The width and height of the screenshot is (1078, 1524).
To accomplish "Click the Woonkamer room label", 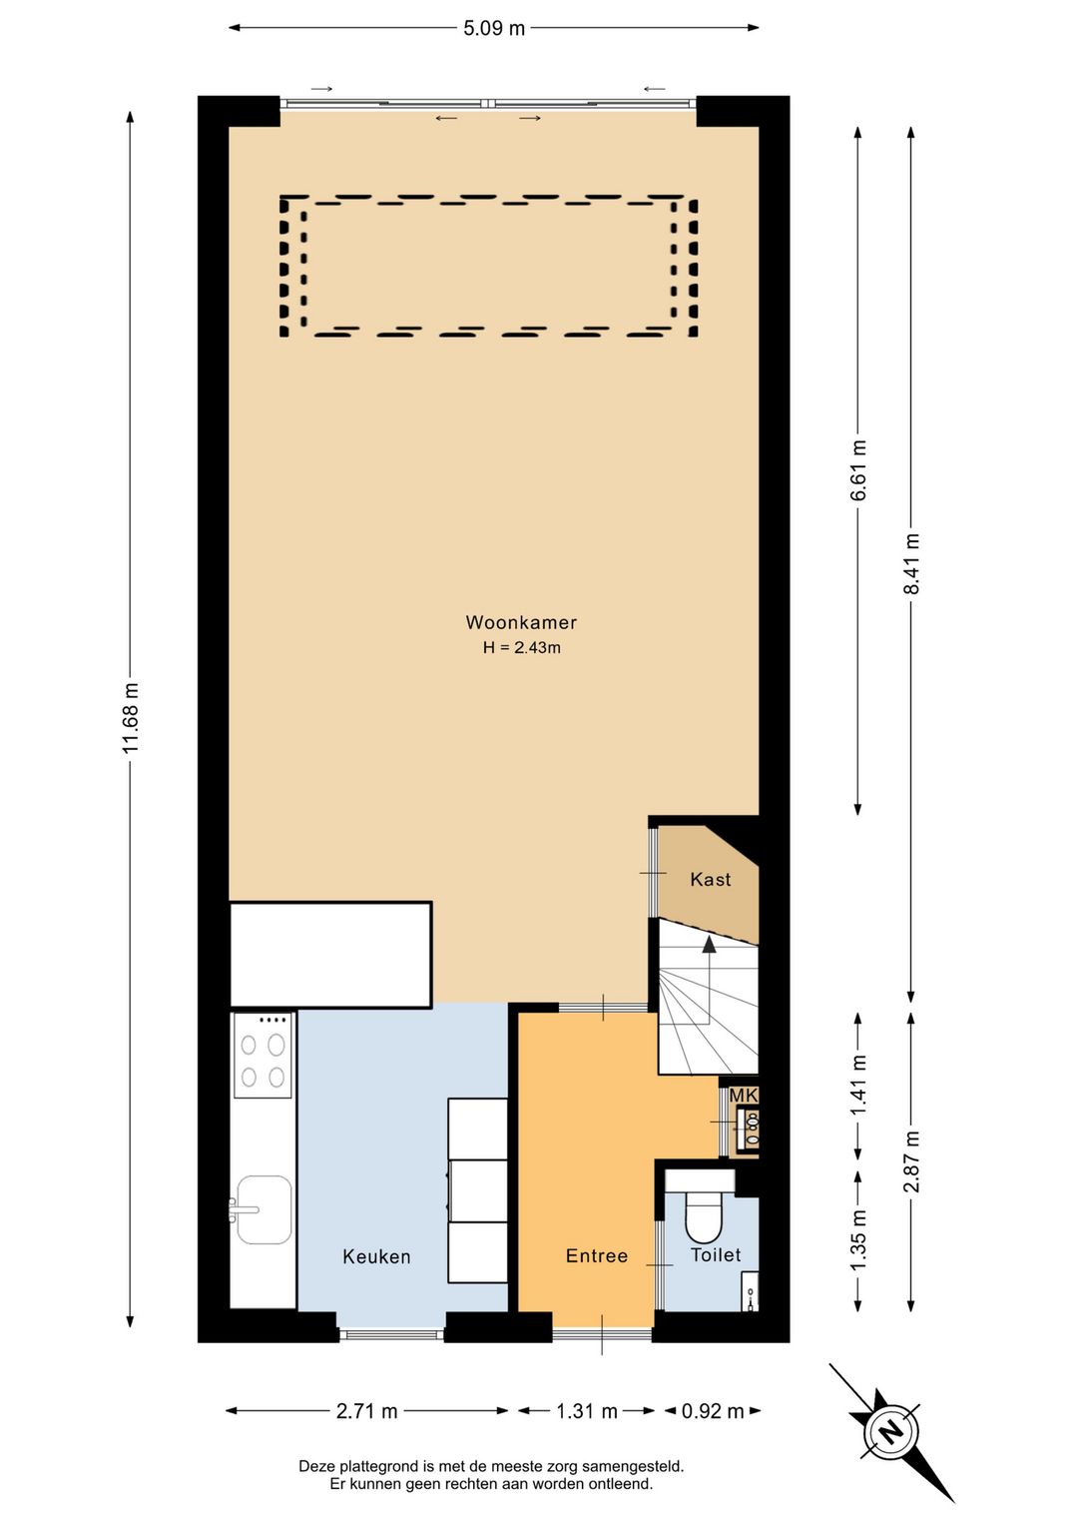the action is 521,622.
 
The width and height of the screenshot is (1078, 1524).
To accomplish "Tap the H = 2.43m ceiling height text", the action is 522,647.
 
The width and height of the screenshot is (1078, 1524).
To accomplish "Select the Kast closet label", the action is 710,879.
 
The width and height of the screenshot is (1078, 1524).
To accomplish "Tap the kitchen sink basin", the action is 264,1209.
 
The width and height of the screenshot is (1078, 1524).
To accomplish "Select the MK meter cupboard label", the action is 744,1096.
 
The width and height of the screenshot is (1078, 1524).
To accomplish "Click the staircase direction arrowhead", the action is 710,944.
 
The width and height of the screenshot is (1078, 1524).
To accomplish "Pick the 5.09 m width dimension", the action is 494,29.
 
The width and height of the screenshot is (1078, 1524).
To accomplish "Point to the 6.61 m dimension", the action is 858,469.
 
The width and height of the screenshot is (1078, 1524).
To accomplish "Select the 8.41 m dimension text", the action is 911,563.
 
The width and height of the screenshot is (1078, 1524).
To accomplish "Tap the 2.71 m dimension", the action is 366,1411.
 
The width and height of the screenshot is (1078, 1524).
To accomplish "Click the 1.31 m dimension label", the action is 587,1411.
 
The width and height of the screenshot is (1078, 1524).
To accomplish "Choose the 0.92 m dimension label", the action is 713,1411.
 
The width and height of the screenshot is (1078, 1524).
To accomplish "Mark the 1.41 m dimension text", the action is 858,1085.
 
